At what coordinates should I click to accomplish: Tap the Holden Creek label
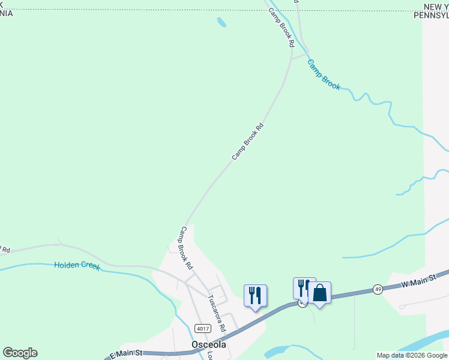77,265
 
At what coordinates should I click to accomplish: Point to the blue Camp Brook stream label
324,74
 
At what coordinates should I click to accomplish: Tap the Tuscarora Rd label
216,313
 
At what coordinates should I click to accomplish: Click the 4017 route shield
202,328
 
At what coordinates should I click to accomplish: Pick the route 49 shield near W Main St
377,289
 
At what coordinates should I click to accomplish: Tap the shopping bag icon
319,293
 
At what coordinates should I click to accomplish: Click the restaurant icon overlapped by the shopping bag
303,288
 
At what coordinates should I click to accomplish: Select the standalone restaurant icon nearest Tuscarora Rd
255,295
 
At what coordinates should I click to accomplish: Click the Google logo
20,353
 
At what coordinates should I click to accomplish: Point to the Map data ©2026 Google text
412,355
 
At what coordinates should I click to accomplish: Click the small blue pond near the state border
221,22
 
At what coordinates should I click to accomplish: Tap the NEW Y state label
435,7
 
